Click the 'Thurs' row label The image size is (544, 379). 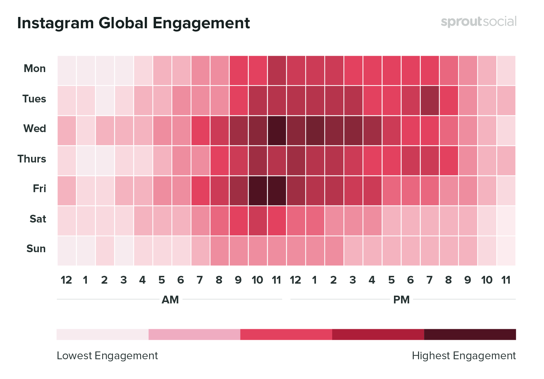(32, 159)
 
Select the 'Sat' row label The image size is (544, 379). (38, 219)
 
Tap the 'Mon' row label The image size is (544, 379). (35, 69)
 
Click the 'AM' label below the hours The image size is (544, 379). (170, 300)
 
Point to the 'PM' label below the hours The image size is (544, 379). (401, 300)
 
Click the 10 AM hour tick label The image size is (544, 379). (257, 280)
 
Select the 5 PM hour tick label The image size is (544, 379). (391, 280)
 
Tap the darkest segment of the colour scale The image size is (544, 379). (470, 334)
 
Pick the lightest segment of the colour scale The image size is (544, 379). (102, 334)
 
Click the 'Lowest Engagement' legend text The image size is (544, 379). (107, 356)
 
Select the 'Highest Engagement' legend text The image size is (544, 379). (464, 356)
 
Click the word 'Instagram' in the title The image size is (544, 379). (55, 23)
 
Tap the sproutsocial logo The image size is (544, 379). (478, 22)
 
